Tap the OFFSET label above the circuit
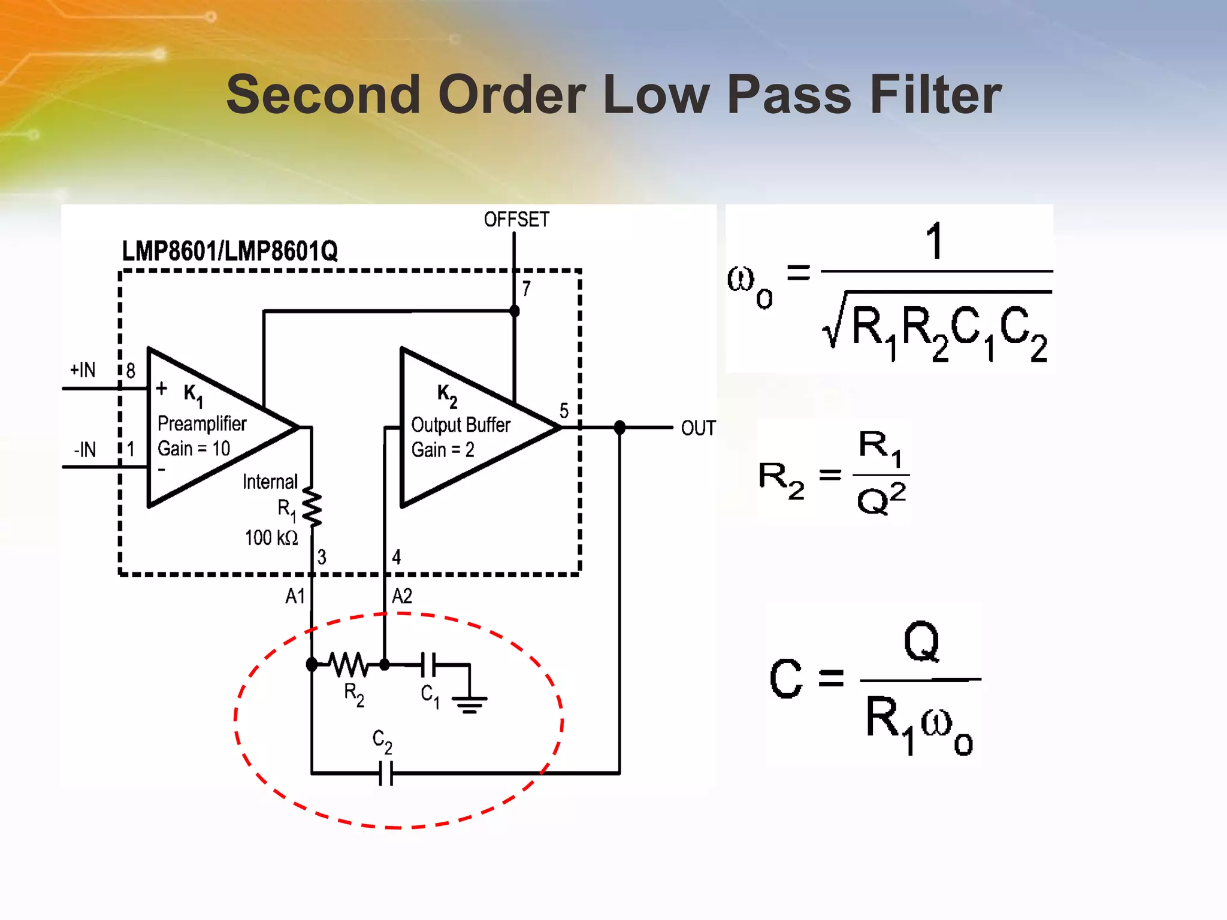[x=516, y=220]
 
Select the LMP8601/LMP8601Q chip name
[x=229, y=251]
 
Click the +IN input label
[x=83, y=370]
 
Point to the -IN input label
[x=84, y=449]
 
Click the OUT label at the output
[x=698, y=428]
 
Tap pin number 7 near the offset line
[x=526, y=289]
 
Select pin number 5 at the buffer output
[x=564, y=410]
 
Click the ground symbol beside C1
[x=469, y=704]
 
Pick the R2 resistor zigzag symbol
[x=349, y=664]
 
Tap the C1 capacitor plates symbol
[x=429, y=664]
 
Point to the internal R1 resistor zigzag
[x=312, y=507]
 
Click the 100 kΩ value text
[x=271, y=538]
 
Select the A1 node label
[x=295, y=596]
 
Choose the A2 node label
[x=402, y=596]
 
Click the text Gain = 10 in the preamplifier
[x=194, y=448]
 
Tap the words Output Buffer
[x=460, y=425]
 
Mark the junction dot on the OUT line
[x=619, y=428]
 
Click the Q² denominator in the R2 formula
[x=881, y=498]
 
